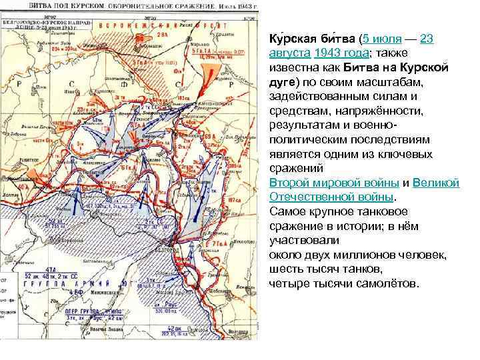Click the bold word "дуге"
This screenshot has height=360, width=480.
click(283, 82)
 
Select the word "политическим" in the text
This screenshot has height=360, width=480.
click(307, 139)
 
